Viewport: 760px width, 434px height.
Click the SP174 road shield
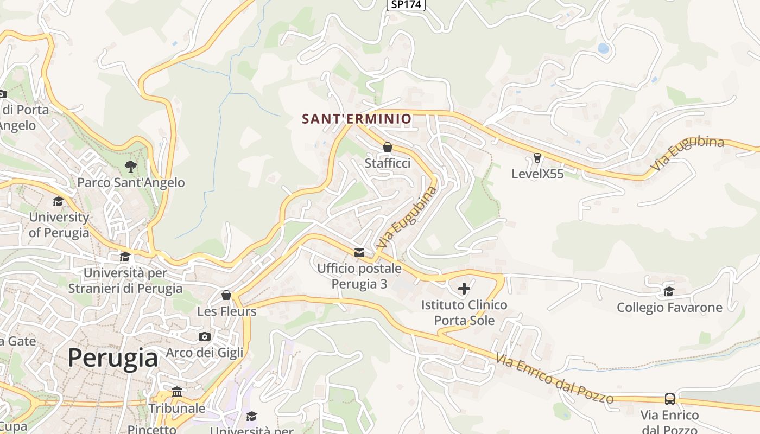(406, 4)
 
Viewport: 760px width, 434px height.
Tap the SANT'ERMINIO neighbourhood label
(357, 118)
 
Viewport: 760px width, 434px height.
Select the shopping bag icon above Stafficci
(388, 147)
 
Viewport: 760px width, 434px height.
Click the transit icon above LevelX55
(537, 158)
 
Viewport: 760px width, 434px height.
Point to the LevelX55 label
(537, 174)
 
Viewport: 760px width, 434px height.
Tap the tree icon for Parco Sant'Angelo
(130, 166)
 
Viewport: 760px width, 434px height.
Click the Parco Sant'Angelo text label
(131, 183)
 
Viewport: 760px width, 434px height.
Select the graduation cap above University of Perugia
(58, 202)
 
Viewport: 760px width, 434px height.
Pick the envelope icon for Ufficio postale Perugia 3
(359, 252)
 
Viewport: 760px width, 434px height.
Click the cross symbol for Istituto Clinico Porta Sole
(464, 289)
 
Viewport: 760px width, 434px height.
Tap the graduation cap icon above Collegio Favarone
(669, 291)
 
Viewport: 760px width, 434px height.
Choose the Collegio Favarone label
(669, 308)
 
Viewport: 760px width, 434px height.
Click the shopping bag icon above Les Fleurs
(226, 295)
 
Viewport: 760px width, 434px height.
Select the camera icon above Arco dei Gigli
(205, 336)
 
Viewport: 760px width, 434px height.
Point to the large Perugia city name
(113, 358)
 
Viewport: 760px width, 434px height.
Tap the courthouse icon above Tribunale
(177, 392)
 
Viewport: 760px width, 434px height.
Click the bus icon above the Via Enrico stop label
(670, 399)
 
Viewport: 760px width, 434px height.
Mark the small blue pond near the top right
(603, 48)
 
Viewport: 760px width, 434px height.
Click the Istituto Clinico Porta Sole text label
(464, 312)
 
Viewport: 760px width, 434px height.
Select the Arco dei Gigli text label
(205, 353)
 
